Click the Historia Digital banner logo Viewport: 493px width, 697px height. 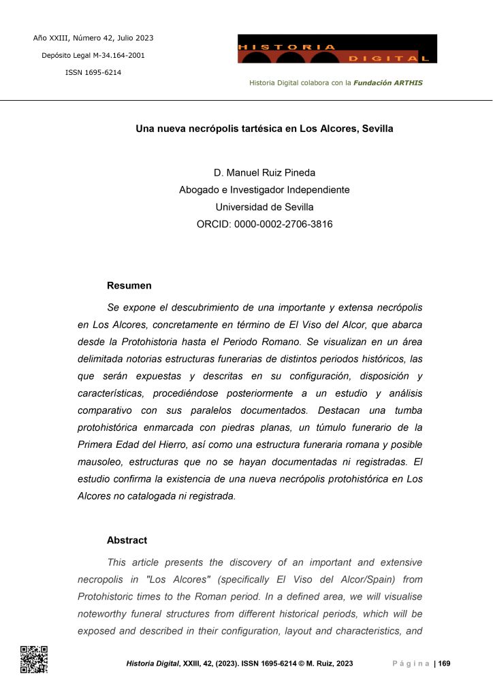pyautogui.click(x=337, y=49)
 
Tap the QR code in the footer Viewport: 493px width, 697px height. pyautogui.click(x=33, y=659)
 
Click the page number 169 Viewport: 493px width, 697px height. pyautogui.click(x=444, y=664)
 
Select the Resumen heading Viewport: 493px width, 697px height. pyautogui.click(x=129, y=286)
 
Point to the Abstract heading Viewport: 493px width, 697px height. pyautogui.click(x=127, y=540)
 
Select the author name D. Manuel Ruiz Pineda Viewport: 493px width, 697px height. pyautogui.click(x=264, y=173)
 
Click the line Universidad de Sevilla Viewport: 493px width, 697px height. pyautogui.click(x=264, y=207)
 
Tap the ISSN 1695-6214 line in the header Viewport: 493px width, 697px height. pyautogui.click(x=93, y=73)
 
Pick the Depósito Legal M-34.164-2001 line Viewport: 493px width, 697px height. pyautogui.click(x=93, y=55)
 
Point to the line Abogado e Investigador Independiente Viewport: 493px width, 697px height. pyautogui.click(x=264, y=190)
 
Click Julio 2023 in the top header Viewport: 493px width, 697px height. pyautogui.click(x=135, y=37)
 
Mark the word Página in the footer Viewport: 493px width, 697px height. pyautogui.click(x=411, y=664)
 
